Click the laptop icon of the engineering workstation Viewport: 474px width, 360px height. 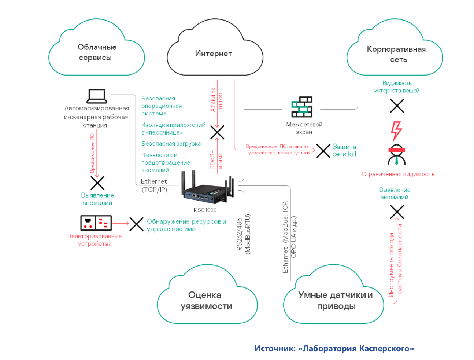[97, 96]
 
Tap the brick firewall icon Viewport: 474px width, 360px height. [302, 107]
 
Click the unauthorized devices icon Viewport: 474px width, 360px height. [96, 223]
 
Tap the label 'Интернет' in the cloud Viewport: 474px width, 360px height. [214, 54]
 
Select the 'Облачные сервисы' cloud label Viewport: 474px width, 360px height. [97, 52]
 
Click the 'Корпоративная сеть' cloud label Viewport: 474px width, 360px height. [396, 54]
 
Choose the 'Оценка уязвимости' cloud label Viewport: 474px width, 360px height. [206, 301]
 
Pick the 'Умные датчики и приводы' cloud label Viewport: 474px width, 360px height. [336, 301]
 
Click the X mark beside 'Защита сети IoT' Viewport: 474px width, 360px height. [323, 151]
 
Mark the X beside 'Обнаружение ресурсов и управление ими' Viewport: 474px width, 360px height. [136, 224]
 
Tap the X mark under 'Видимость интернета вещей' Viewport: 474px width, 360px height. [397, 106]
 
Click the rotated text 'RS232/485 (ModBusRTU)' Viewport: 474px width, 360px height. [243, 234]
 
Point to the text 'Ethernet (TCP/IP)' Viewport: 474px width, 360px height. [154, 185]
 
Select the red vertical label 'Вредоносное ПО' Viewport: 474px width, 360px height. [92, 153]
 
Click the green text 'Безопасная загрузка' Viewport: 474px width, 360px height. [171, 144]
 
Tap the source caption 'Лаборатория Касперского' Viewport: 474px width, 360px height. [334, 348]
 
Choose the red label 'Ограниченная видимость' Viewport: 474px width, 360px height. [398, 174]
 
